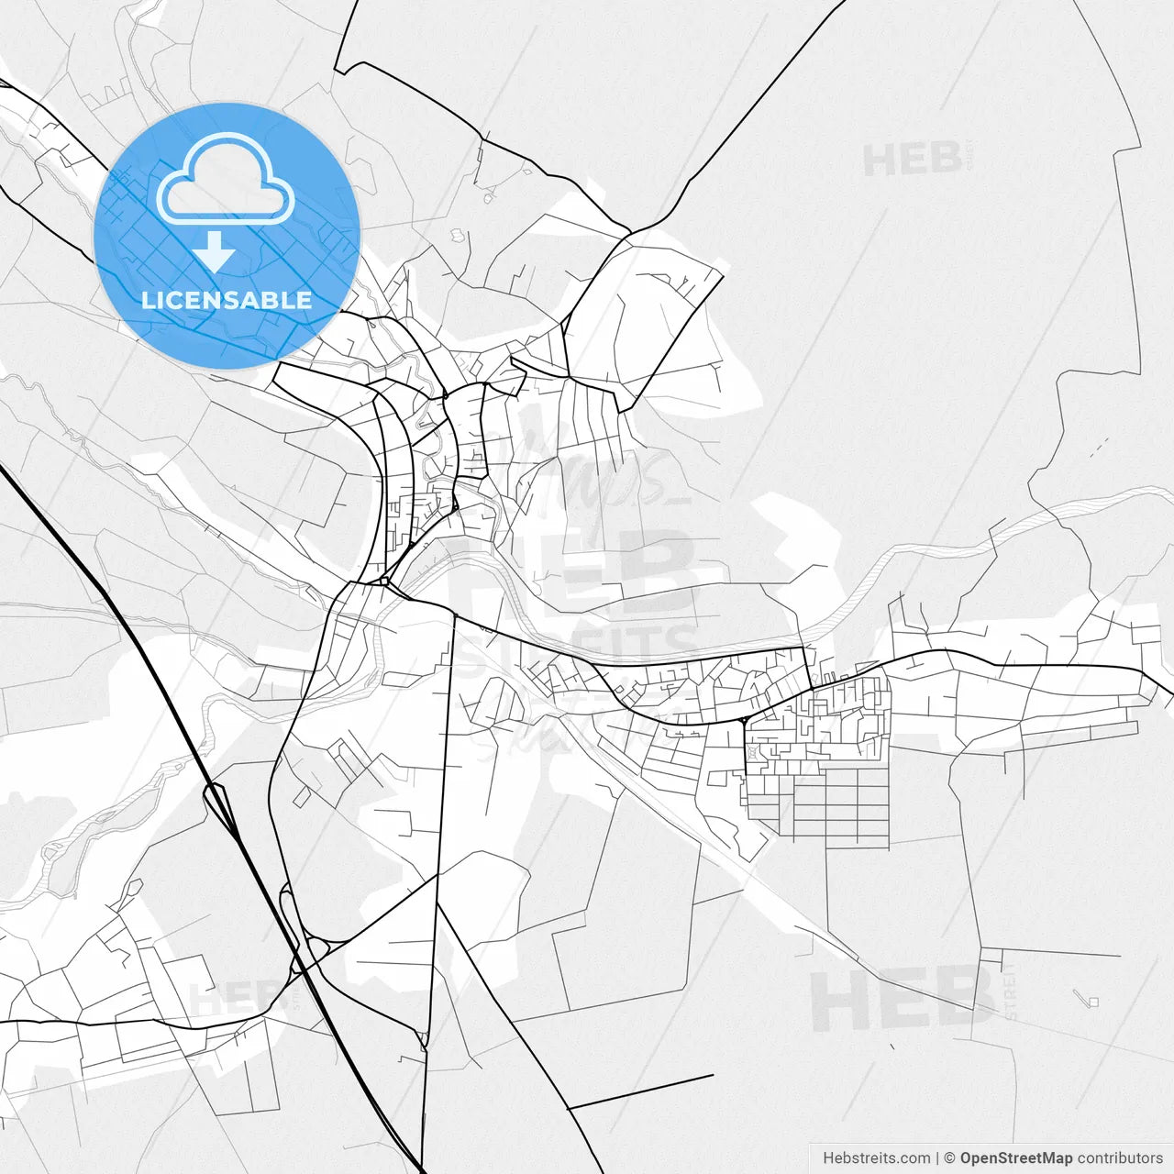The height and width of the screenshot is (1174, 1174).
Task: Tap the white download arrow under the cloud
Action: coord(215,251)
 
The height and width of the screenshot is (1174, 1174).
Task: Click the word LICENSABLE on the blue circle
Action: coord(226,300)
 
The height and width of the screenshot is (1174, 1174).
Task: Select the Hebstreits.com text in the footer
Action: coord(877,1158)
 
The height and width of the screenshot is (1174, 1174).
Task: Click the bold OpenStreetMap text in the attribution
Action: coord(1015,1158)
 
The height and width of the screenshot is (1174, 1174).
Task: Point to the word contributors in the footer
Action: coord(1120,1158)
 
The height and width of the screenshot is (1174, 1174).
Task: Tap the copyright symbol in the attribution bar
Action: coord(950,1158)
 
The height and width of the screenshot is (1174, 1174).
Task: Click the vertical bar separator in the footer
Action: coord(938,1158)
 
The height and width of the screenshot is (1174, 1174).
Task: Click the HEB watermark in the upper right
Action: coord(912,160)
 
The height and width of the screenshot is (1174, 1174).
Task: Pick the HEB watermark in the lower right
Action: coord(903,1001)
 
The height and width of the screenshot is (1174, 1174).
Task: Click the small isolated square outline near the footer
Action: coord(1091,1001)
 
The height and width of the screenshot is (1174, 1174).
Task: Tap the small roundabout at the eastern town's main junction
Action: coord(741,720)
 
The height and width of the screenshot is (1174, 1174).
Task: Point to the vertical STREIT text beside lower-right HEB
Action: coord(1010,991)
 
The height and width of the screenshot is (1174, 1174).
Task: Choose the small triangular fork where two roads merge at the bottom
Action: coord(423,1039)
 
